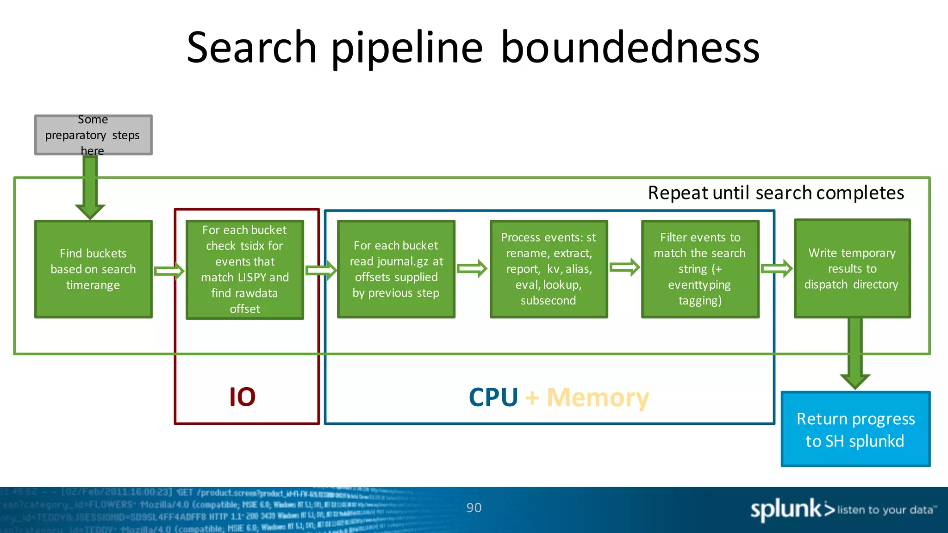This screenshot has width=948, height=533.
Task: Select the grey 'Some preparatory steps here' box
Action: click(x=93, y=135)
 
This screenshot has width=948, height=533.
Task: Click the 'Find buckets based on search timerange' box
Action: click(x=93, y=269)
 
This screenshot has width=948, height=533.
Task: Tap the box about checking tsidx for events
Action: click(x=244, y=269)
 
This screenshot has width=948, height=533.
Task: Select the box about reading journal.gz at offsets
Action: click(x=396, y=269)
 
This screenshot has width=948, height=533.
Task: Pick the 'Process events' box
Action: click(x=549, y=269)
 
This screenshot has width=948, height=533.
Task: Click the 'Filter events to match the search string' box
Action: click(x=700, y=269)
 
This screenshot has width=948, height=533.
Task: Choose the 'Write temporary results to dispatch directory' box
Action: click(x=852, y=268)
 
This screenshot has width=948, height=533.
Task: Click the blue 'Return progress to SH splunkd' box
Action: click(x=855, y=429)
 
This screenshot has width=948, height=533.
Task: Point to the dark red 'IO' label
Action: click(x=242, y=397)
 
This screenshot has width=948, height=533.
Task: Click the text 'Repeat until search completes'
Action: click(x=775, y=192)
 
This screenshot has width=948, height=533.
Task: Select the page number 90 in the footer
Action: click(x=474, y=508)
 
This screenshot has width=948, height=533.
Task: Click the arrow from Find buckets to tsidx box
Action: click(x=169, y=271)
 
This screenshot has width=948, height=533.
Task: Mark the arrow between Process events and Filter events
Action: click(x=624, y=267)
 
